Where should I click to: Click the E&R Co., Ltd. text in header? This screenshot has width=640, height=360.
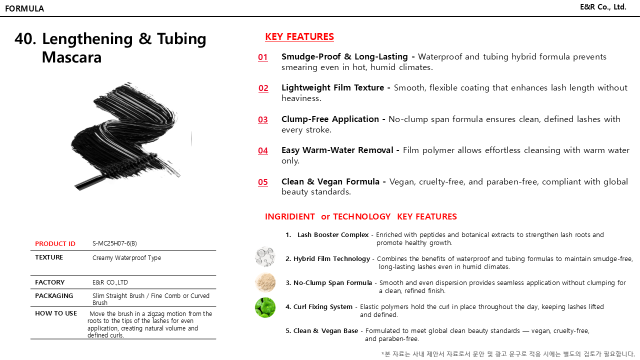(603, 7)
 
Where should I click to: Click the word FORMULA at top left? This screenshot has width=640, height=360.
(24, 8)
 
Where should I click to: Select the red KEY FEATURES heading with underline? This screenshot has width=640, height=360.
(299, 36)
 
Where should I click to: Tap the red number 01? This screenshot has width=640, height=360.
(263, 57)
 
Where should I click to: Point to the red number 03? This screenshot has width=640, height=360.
(263, 119)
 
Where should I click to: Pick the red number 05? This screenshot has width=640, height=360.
(263, 182)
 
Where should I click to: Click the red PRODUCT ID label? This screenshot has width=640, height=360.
(55, 244)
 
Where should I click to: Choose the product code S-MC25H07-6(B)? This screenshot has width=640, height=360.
(114, 243)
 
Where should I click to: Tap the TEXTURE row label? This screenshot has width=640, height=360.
(49, 257)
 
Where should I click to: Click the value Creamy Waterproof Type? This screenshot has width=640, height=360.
(126, 258)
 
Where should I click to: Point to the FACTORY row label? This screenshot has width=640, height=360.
(49, 282)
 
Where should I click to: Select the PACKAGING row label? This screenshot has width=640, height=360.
(54, 296)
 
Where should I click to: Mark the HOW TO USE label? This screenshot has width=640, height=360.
(56, 313)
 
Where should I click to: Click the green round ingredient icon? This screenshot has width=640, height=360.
(265, 307)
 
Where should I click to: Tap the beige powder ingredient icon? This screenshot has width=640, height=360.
(265, 282)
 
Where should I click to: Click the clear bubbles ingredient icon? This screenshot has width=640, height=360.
(265, 256)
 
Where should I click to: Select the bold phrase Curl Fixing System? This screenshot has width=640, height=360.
(323, 307)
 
